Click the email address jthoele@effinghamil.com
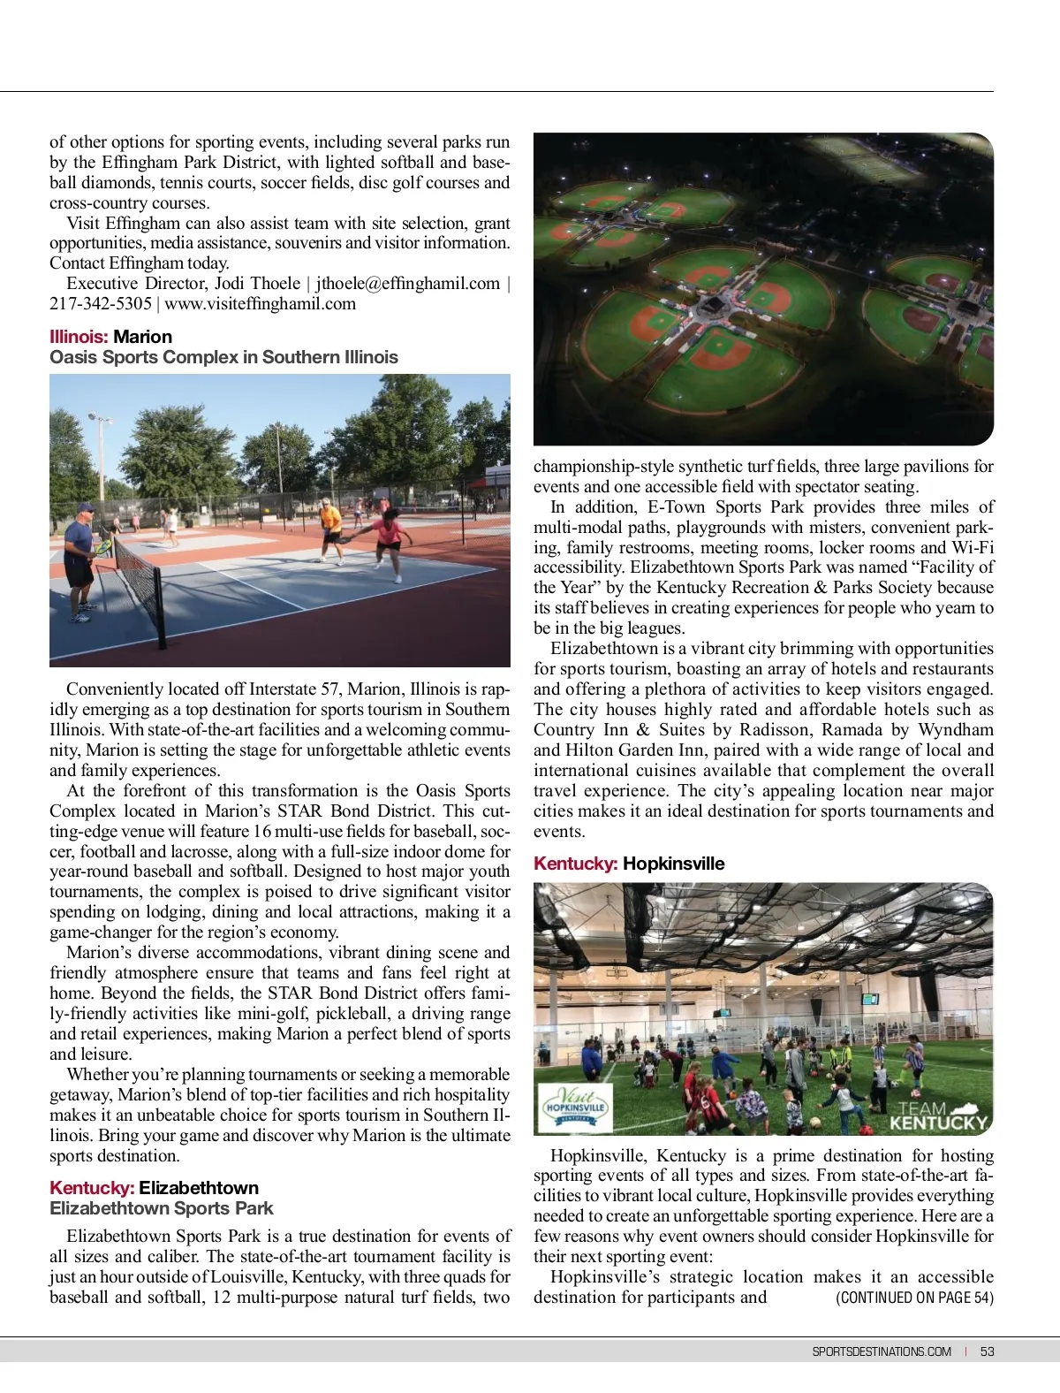408,284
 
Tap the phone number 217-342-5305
101,304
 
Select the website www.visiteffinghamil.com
261,304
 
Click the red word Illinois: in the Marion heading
79,337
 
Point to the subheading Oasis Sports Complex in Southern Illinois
223,357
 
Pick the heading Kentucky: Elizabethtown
155,1188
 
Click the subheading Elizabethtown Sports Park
162,1208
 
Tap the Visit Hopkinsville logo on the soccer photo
574,1106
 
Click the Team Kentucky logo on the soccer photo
937,1116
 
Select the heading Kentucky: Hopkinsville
629,864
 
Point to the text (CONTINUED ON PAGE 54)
914,1298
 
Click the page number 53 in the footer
987,1351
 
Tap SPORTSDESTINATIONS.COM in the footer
882,1351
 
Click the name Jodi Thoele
257,284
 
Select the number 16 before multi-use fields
262,832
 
